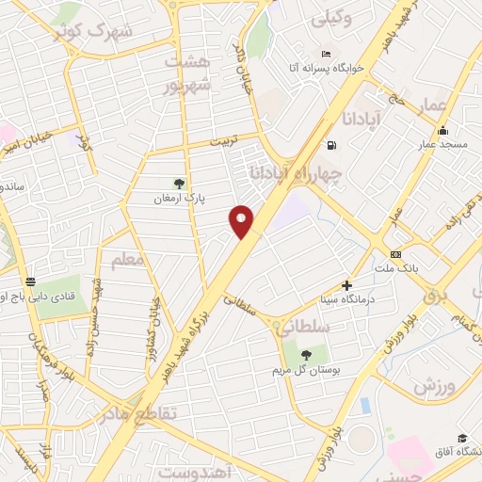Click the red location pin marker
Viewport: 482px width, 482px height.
point(243,221)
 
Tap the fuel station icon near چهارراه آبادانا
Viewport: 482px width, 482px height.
point(331,145)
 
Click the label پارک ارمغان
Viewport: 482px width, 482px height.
point(180,200)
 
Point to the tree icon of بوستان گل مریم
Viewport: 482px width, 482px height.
point(307,354)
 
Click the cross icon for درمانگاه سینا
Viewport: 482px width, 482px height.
point(346,284)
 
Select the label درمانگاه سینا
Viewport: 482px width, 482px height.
point(346,299)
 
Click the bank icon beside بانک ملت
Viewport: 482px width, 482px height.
point(395,254)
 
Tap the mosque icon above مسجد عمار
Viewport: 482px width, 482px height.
point(442,130)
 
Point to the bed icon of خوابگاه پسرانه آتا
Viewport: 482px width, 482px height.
point(326,53)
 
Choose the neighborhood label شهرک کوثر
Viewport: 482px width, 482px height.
point(98,32)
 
